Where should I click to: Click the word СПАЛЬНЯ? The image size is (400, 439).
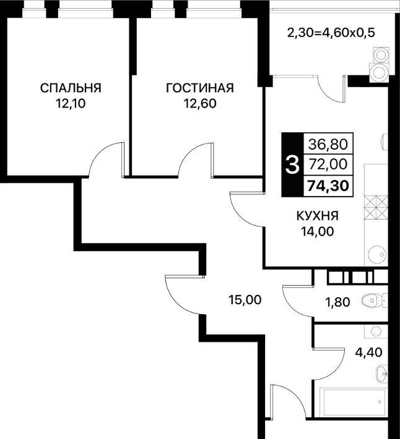[x=71, y=88]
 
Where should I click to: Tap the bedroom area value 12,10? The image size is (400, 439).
[x=71, y=104]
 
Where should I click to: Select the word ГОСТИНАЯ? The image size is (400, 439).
[x=200, y=88]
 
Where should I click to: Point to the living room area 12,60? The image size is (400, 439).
[x=200, y=104]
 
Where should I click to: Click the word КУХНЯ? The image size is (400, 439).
[x=318, y=216]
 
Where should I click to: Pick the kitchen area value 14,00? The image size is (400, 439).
[x=318, y=231]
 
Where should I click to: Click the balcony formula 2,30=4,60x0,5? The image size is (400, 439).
[x=331, y=33]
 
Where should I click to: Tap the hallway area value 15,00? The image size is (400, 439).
[x=245, y=300]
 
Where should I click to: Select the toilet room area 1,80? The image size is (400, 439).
[x=337, y=302]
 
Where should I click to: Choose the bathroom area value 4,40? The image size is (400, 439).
[x=368, y=352]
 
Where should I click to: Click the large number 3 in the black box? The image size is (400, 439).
[x=292, y=165]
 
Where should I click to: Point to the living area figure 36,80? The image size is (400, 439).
[x=328, y=144]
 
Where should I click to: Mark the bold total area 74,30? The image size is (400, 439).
[x=328, y=185]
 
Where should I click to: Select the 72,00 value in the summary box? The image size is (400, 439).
[x=328, y=164]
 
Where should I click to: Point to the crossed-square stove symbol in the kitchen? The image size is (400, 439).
[x=376, y=208]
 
